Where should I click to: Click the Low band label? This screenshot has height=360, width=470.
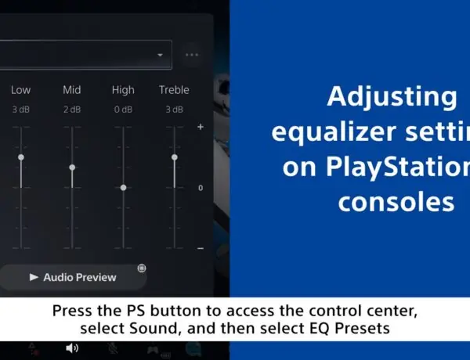tap(21, 90)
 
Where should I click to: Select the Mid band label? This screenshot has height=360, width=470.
tap(72, 90)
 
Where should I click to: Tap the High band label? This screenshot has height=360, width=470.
tap(123, 90)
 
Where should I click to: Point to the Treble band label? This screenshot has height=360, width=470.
tap(174, 90)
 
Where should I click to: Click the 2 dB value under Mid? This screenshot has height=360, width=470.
tap(72, 110)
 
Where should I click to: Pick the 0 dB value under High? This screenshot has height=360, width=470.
tap(123, 110)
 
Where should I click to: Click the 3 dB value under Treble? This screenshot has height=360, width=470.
tap(174, 110)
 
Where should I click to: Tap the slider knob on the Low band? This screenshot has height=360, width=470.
tap(21, 157)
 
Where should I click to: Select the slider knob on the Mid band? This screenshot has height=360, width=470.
tap(72, 167)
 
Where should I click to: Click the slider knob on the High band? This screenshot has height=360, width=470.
tap(123, 188)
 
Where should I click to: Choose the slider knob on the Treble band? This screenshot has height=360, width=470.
tap(174, 157)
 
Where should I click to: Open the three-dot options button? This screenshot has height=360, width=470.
tap(192, 55)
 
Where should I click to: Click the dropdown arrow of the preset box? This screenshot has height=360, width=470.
tap(161, 55)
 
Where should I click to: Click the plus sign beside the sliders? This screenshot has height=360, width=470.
tap(201, 127)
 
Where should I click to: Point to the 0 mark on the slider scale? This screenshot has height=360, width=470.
tap(201, 188)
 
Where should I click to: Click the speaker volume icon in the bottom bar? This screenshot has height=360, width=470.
tap(72, 347)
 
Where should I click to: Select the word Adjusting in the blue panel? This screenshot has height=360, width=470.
tap(391, 98)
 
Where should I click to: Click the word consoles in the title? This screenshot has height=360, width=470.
tap(396, 201)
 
